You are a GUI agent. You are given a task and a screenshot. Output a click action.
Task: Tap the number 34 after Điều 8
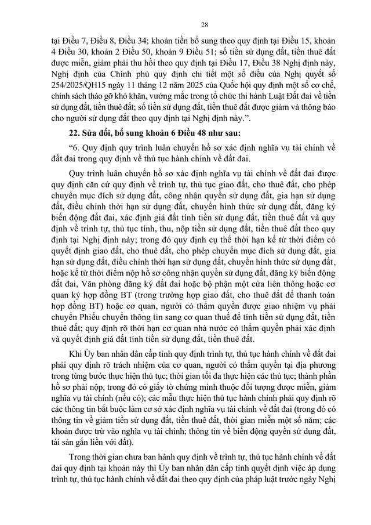(x=129, y=42)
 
